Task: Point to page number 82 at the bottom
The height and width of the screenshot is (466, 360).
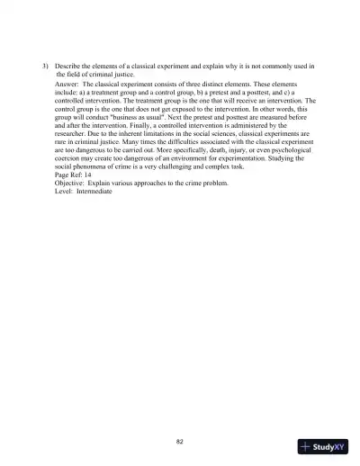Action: click(180, 440)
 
